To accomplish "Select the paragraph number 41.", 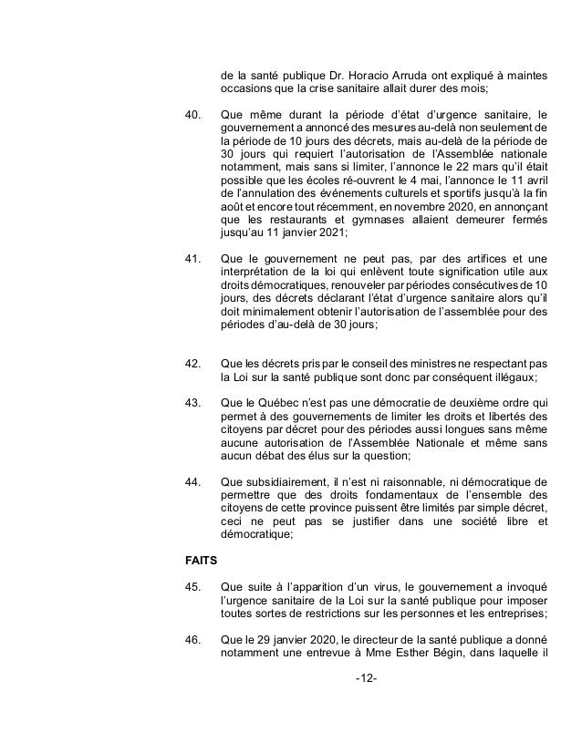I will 192,260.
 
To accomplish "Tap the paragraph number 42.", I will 192,364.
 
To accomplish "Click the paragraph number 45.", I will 192,588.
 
